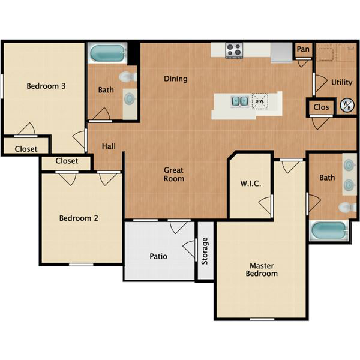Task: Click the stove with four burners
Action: [x=234, y=50]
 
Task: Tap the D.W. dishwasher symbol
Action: [x=260, y=101]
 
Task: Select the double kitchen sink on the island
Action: [x=239, y=101]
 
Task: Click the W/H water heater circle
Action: [x=347, y=106]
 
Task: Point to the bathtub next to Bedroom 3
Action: [x=107, y=53]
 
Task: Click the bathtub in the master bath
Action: [x=329, y=231]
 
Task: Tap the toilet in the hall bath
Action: [x=128, y=77]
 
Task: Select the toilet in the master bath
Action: [x=347, y=208]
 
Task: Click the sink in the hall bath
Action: [x=130, y=98]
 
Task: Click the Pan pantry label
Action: [x=303, y=49]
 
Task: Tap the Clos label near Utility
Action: [x=321, y=107]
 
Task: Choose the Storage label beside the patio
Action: [x=205, y=251]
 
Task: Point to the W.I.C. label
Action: [x=250, y=184]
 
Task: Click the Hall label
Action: [x=109, y=146]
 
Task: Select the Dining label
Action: [x=176, y=79]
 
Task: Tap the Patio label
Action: [x=158, y=256]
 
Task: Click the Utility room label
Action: [x=342, y=82]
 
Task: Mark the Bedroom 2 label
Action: [x=79, y=218]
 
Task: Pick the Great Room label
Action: [x=174, y=174]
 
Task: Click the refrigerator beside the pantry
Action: [x=281, y=53]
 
